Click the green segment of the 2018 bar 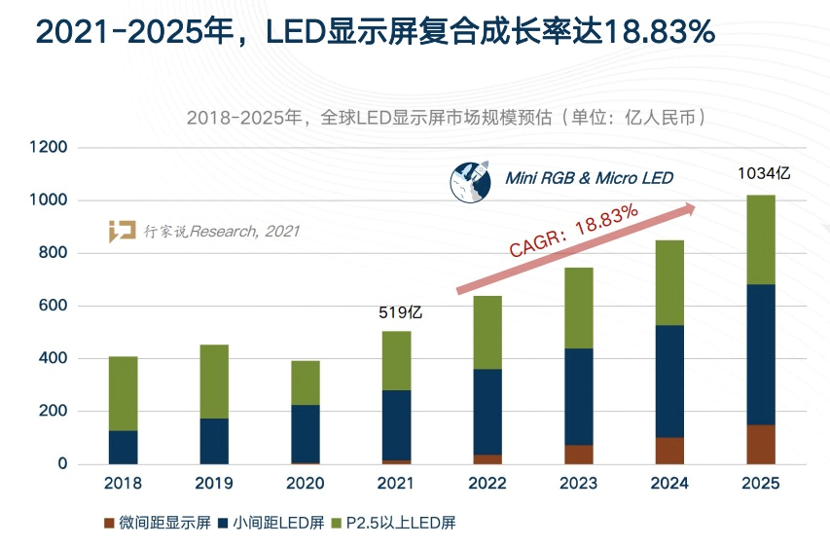click(123, 393)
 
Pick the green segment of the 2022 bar click(487, 332)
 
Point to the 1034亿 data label click(764, 173)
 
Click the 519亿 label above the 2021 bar click(400, 312)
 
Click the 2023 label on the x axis click(578, 484)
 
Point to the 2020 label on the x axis click(305, 484)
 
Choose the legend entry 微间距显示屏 click(156, 523)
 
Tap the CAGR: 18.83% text click(574, 230)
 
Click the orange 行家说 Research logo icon click(122, 232)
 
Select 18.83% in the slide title click(660, 33)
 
